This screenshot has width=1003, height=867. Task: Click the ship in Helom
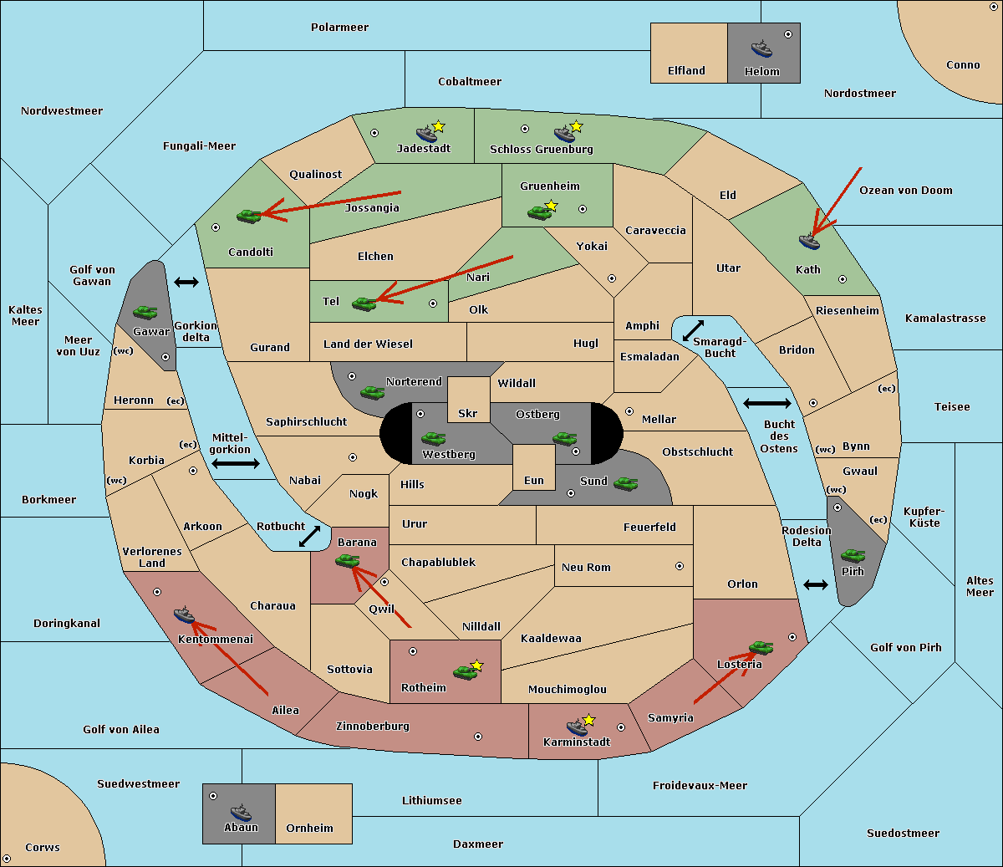point(761,48)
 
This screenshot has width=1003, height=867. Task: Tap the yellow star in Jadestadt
point(438,126)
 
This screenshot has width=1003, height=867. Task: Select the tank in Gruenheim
point(539,212)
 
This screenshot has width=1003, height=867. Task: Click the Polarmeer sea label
point(339,28)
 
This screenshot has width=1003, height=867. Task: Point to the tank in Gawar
point(145,312)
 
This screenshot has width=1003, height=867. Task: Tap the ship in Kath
point(809,241)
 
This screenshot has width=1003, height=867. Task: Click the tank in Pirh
point(853,555)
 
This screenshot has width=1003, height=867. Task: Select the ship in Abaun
point(241,812)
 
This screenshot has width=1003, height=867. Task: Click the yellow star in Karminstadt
point(588,719)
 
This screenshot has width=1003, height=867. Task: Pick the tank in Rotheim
point(465,672)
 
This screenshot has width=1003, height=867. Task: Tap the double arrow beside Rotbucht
point(309,537)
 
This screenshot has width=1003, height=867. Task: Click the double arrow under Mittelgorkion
point(236,464)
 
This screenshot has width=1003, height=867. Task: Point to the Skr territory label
point(467,413)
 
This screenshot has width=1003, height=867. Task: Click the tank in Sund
point(625,483)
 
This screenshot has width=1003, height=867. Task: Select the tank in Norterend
point(372,392)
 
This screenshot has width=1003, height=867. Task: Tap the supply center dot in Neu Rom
point(680,566)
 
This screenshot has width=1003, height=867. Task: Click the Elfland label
point(686,70)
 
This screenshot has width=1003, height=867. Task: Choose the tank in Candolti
point(248,216)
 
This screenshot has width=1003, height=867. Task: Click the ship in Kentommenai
point(184,615)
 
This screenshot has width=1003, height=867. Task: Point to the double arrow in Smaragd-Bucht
point(693,330)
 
